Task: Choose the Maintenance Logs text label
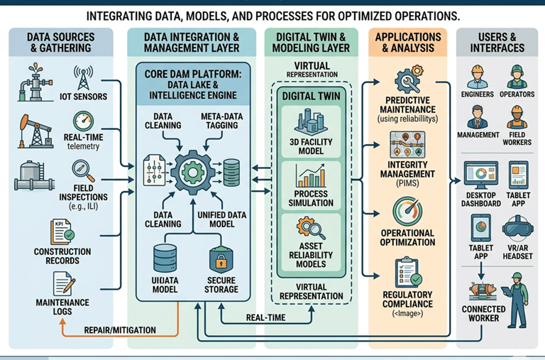pos(62,307)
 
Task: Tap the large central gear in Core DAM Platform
pos(193,171)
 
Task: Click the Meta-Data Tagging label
pos(216,121)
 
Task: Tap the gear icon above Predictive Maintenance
pos(407,79)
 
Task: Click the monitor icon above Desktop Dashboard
pos(480,175)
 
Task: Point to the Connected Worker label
pos(483,314)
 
